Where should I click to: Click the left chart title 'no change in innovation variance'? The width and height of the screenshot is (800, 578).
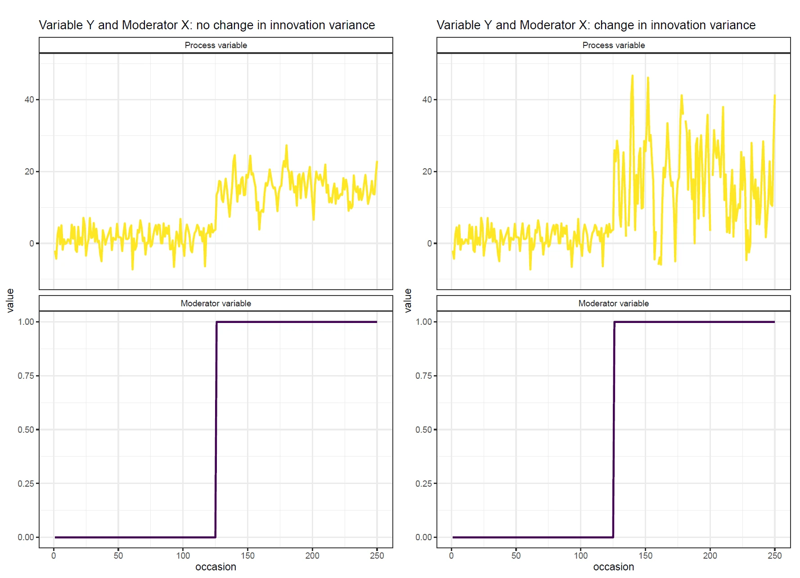pyautogui.click(x=207, y=25)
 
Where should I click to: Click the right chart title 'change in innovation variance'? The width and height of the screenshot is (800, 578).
pyautogui.click(x=596, y=25)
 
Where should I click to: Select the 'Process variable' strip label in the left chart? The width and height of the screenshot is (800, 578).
pyautogui.click(x=216, y=45)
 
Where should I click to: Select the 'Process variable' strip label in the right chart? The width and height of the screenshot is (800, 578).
pyautogui.click(x=613, y=45)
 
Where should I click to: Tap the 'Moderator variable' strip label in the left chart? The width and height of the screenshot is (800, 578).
pyautogui.click(x=216, y=304)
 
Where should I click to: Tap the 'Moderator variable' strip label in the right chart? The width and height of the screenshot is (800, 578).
pyautogui.click(x=613, y=304)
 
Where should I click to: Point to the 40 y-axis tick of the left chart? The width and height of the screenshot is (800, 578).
pyautogui.click(x=29, y=100)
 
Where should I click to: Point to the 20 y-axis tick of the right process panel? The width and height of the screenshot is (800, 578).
pyautogui.click(x=427, y=172)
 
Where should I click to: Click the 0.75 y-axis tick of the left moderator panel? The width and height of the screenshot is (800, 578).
pyautogui.click(x=26, y=376)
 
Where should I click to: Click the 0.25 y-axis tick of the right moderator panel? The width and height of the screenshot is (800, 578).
pyautogui.click(x=424, y=484)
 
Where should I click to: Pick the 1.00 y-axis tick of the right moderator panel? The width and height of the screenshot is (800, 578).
pyautogui.click(x=424, y=322)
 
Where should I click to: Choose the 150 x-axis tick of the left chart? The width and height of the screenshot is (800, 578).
pyautogui.click(x=247, y=556)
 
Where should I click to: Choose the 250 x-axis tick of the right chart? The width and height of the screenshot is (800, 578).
pyautogui.click(x=775, y=556)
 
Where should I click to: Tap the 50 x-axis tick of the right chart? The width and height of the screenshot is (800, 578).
pyautogui.click(x=516, y=556)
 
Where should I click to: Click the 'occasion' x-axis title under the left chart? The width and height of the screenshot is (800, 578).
pyautogui.click(x=216, y=567)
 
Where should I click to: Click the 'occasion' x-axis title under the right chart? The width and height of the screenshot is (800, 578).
pyautogui.click(x=613, y=567)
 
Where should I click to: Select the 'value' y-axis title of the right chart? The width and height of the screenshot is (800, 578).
pyautogui.click(x=408, y=300)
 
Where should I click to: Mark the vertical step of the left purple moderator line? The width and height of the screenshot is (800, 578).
pyautogui.click(x=216, y=430)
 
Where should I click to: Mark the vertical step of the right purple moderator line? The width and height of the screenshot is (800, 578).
pyautogui.click(x=614, y=430)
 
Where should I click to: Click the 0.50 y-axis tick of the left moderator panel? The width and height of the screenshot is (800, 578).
pyautogui.click(x=26, y=430)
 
